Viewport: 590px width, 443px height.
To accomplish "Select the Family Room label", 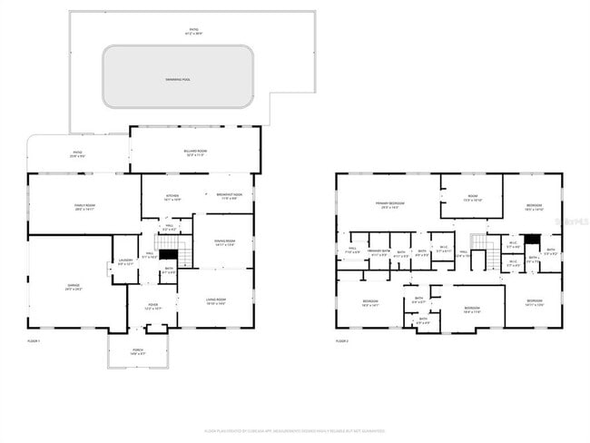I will click(x=84, y=207).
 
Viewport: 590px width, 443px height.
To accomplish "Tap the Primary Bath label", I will click(x=379, y=253).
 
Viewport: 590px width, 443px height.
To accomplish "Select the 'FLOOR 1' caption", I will click(x=35, y=340).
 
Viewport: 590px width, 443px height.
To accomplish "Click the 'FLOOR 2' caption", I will click(x=342, y=340).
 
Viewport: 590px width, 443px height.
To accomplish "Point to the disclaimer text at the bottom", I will click(x=294, y=431).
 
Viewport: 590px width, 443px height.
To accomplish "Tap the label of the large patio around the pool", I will click(x=193, y=32).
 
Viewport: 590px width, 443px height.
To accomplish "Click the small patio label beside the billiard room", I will click(x=78, y=153).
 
